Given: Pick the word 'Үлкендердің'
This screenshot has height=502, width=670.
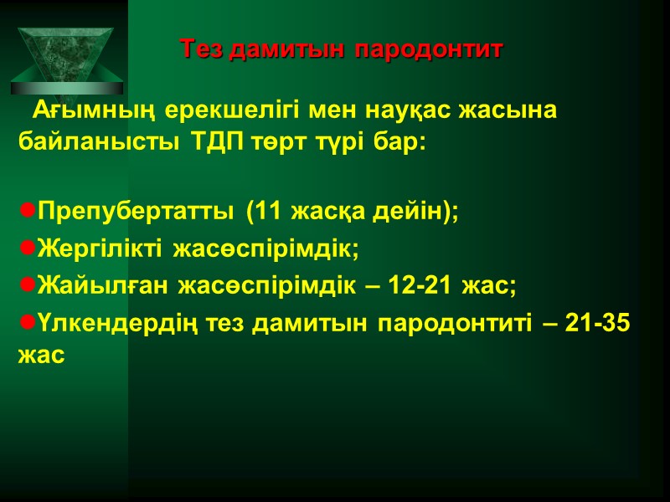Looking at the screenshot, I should pyautogui.click(x=115, y=323).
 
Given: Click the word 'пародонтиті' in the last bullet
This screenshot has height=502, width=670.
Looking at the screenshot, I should pyautogui.click(x=455, y=323).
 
